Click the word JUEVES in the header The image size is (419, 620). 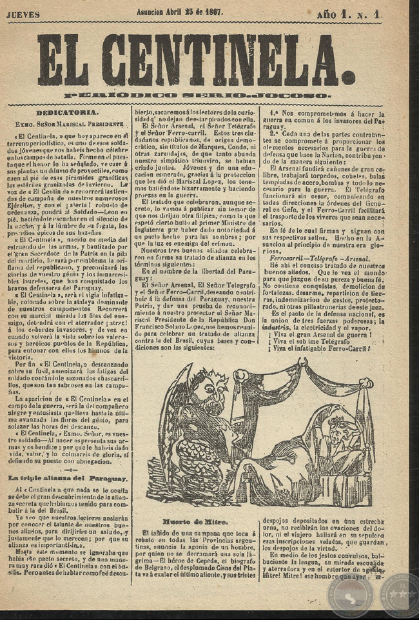click(x=23, y=14)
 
